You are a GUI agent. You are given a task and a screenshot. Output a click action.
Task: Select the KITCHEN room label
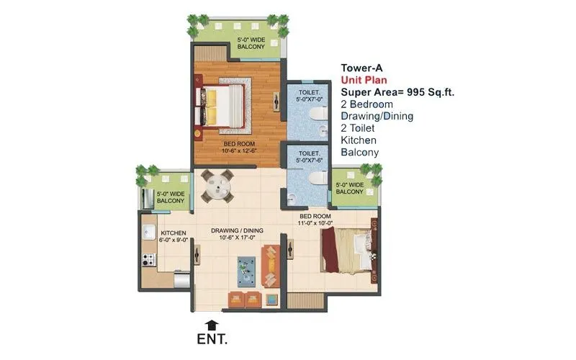tap(174, 233)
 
